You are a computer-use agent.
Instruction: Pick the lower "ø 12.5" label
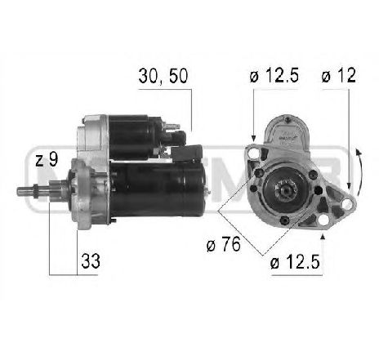pos(294,263)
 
